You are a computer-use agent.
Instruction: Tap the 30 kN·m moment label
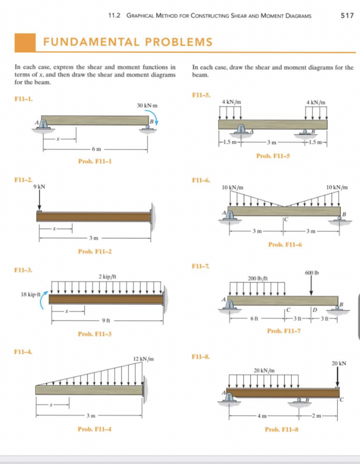tap(147, 105)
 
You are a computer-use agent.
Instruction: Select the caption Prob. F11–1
tap(95, 161)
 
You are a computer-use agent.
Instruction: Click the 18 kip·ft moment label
tap(31, 294)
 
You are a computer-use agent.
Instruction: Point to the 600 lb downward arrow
tap(312, 287)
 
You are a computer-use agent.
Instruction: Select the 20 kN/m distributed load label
tap(263, 370)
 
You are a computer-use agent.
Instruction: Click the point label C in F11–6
tap(286, 219)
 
